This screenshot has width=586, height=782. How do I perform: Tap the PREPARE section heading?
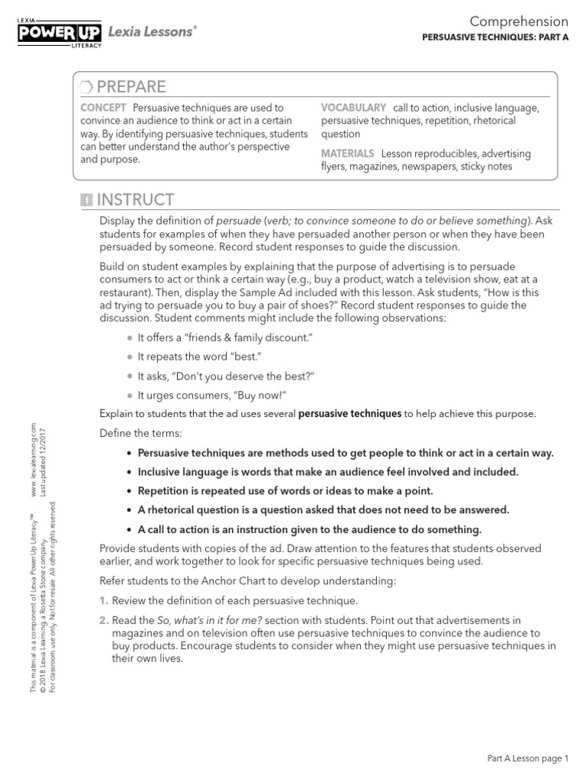tap(130, 86)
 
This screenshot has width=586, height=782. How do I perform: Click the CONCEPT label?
tap(103, 108)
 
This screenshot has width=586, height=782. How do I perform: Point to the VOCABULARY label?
tap(353, 108)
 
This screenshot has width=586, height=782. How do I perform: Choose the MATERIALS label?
tap(347, 153)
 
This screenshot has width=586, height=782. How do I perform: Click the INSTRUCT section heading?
tap(135, 200)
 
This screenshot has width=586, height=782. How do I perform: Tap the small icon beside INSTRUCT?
tap(86, 201)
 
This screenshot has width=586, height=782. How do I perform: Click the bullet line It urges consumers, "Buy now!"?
tap(211, 396)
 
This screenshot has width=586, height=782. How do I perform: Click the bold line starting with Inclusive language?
tap(327, 472)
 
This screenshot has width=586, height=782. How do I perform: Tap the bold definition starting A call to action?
tap(309, 529)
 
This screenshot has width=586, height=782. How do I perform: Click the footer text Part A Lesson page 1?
tap(528, 759)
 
